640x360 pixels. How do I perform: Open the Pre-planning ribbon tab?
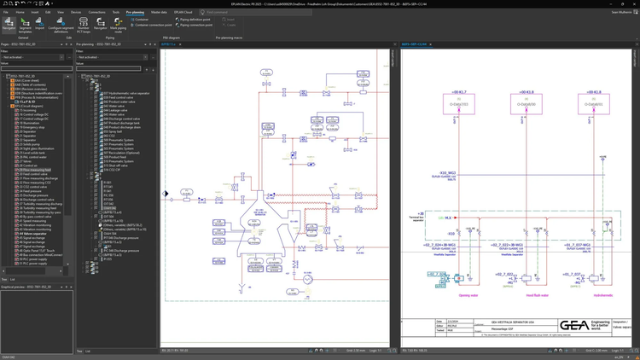point(135,13)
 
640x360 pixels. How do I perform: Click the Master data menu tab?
point(159,13)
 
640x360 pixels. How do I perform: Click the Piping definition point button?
point(195,20)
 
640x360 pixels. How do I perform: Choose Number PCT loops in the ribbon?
point(84,26)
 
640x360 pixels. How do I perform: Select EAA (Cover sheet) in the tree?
point(26,80)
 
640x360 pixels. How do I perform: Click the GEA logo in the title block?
point(573,326)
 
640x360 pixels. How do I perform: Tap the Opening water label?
point(468,296)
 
